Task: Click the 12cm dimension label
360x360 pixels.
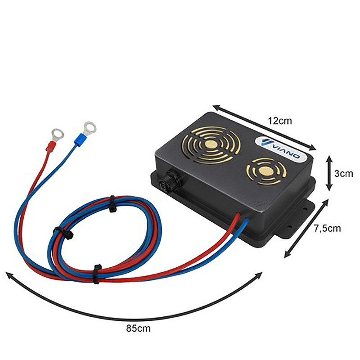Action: tap(280, 121)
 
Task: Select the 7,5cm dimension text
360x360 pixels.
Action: tap(327, 228)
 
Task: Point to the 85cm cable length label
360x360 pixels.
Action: tap(138, 328)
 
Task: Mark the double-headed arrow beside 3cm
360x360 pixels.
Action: tap(330, 173)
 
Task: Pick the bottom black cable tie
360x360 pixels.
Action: tap(96, 274)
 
